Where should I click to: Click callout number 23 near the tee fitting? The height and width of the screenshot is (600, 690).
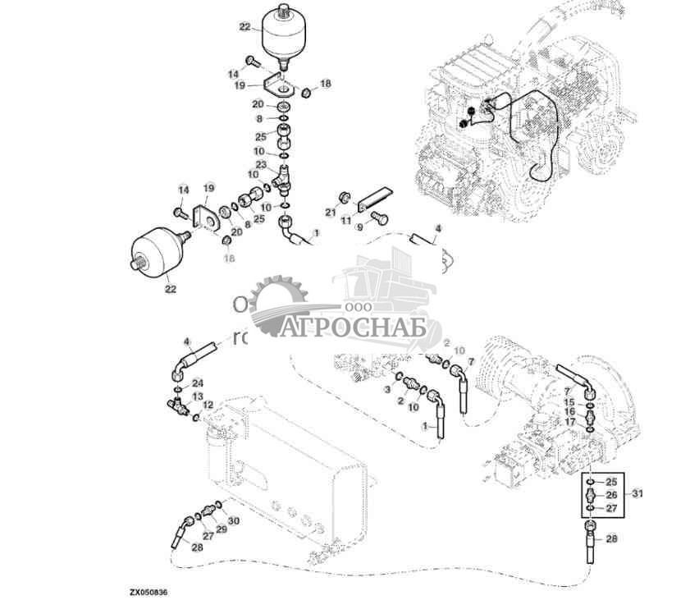coord(260,165)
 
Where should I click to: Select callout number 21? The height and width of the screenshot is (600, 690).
coord(331,213)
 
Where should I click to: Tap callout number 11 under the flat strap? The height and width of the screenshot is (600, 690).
coord(346,221)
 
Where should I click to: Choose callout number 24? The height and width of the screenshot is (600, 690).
coord(197,383)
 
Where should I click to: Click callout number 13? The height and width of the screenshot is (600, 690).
coord(197,396)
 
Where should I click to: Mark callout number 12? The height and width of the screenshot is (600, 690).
coord(208,405)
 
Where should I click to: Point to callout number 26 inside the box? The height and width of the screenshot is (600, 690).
coord(610,495)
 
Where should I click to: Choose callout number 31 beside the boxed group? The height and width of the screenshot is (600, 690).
coord(638,493)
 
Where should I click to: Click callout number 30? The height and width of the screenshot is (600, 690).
coord(233,521)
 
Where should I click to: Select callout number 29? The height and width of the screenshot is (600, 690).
coord(222,529)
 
